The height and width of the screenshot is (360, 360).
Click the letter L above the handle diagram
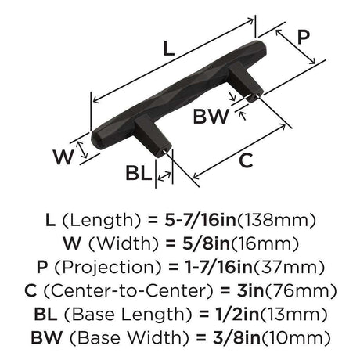[x=169, y=49]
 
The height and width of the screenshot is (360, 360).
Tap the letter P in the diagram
[x=304, y=37]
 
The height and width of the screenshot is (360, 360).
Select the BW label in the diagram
[x=211, y=116]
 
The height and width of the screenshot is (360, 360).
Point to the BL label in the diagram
[x=139, y=173]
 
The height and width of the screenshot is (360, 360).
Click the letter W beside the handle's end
[x=63, y=157]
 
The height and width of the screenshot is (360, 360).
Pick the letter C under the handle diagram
[x=246, y=160]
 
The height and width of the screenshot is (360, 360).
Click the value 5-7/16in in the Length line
[x=200, y=220]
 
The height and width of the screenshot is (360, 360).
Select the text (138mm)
[x=276, y=221]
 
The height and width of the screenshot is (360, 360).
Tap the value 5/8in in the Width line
[x=206, y=243]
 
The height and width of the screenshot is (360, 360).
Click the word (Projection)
[x=108, y=268]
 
